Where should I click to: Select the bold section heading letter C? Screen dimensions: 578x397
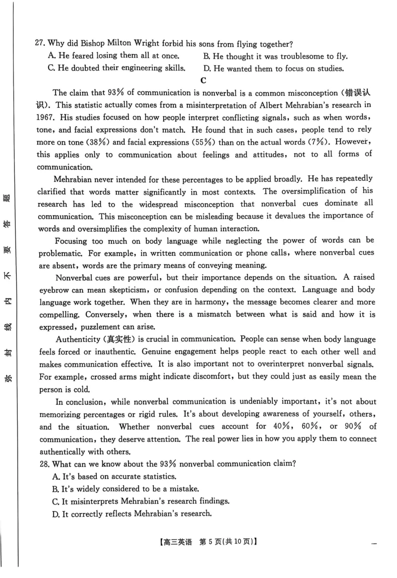[x=203, y=80]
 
